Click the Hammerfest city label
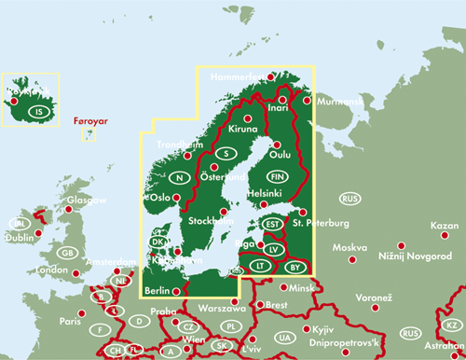(x=238, y=77)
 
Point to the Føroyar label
(x=89, y=121)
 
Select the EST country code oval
(x=272, y=224)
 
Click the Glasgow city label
(x=87, y=201)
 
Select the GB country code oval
(x=67, y=253)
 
